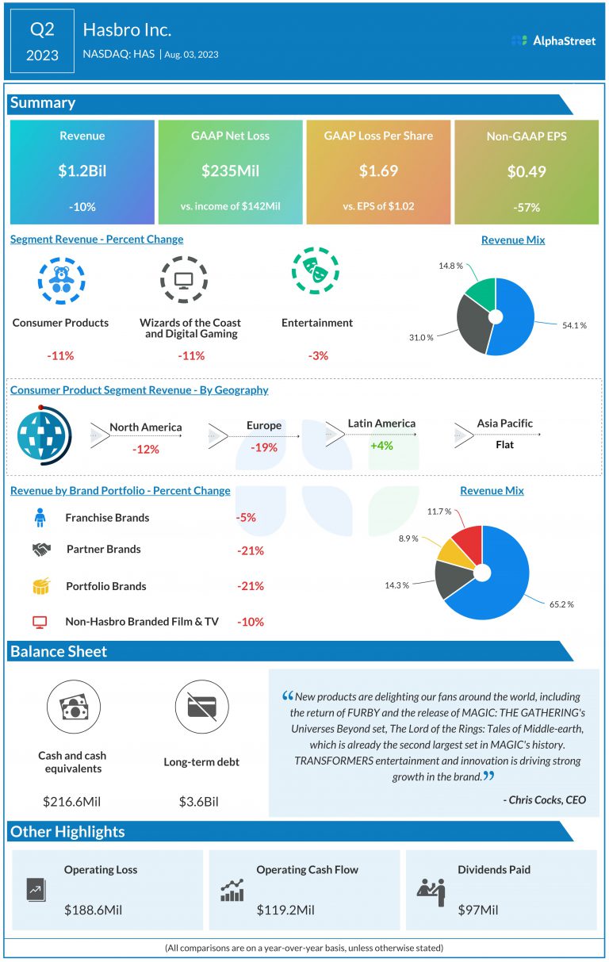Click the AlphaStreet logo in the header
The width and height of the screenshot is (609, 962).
point(553,40)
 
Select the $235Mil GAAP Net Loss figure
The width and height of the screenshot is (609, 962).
point(230,171)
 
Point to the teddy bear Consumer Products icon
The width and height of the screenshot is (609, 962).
point(60,280)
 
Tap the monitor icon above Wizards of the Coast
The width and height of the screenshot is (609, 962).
point(184,280)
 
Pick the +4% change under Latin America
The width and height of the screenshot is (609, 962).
point(381,446)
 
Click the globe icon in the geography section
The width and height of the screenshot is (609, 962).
point(43,437)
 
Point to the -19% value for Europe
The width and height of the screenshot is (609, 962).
point(263,447)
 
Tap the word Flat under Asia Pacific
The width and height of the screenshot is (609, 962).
point(504,445)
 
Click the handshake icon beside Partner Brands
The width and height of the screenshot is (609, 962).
point(41,549)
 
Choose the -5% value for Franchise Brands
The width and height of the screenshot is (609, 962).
point(246,518)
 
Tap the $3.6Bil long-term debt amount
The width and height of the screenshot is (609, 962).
point(198,801)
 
